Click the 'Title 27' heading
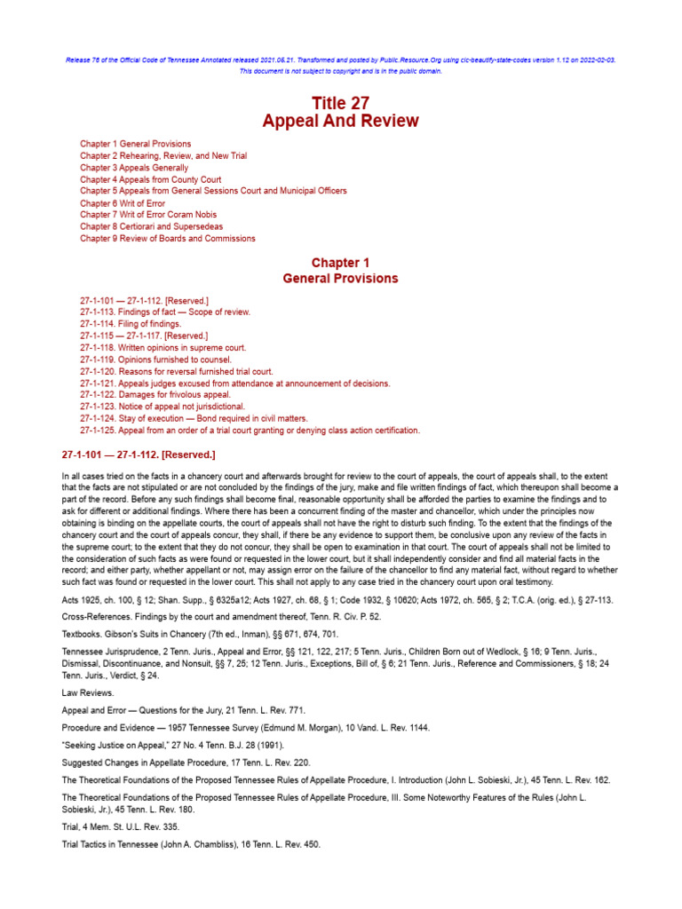(340, 103)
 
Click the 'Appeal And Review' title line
(340, 122)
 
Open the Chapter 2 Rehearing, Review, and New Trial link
(163, 155)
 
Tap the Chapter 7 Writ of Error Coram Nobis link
(148, 215)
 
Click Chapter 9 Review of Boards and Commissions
(167, 239)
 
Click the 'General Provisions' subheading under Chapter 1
(340, 279)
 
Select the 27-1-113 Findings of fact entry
(165, 312)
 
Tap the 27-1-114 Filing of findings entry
(130, 324)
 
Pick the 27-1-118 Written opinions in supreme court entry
(163, 348)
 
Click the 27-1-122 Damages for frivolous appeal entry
(155, 395)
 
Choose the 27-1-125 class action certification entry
(250, 431)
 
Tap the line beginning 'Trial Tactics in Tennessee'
(191, 845)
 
